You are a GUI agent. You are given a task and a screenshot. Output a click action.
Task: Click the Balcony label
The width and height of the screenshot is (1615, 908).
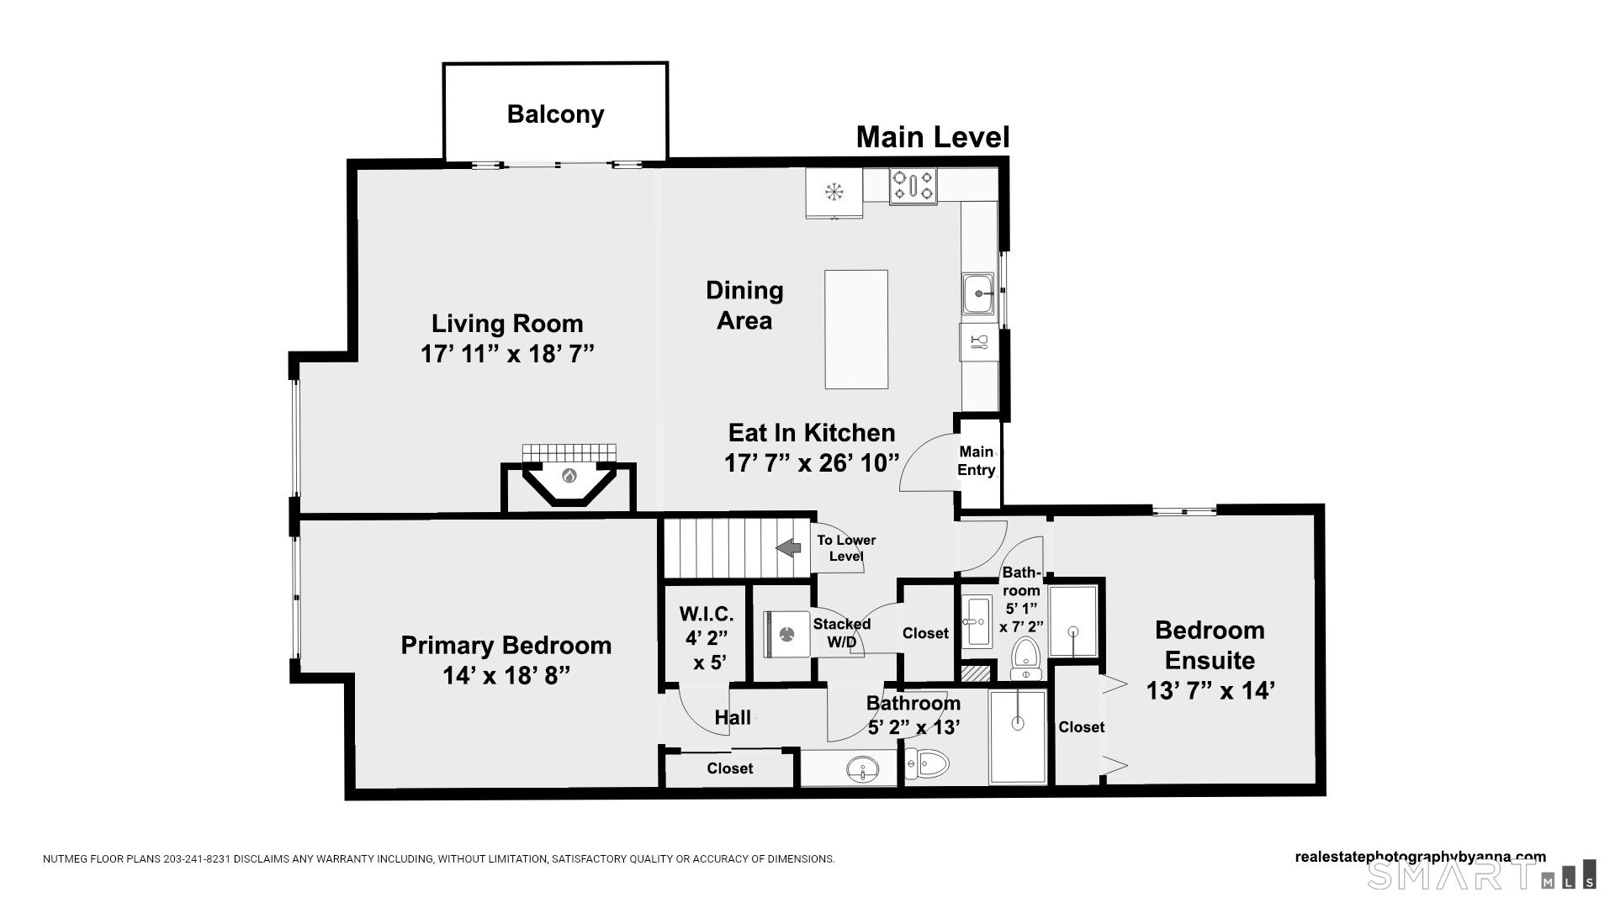pos(555,114)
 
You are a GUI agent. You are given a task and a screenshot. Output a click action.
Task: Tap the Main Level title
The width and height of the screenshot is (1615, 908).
pos(932,137)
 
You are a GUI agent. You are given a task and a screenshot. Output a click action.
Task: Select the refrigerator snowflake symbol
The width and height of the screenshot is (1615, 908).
pos(834,192)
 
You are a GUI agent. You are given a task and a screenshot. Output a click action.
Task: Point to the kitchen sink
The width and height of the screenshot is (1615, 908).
pos(978,293)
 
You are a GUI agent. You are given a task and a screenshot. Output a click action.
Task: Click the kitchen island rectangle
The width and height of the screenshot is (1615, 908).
pos(856,330)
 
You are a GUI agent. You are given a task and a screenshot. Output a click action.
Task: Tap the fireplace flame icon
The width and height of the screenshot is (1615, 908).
pos(569,477)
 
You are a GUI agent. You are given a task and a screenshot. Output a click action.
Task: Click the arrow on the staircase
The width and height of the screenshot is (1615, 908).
pos(788,548)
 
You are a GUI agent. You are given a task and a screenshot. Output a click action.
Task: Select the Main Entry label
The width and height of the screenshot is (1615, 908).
pos(977,461)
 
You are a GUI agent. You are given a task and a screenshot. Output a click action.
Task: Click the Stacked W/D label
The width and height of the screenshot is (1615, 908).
pos(842,633)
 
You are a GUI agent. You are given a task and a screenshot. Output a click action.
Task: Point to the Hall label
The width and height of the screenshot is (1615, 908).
pos(733,718)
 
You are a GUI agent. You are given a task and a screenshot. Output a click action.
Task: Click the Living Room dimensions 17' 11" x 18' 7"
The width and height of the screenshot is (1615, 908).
pos(507,354)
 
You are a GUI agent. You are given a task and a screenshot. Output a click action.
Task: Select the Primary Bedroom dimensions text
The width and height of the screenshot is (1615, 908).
pos(506,675)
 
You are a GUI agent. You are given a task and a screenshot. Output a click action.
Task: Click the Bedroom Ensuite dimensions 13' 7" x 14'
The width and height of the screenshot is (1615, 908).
pos(1210,690)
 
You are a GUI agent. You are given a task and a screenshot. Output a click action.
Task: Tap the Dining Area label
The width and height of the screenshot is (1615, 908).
pos(744,305)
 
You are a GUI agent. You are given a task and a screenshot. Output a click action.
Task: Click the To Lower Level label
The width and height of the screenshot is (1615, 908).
pos(846,548)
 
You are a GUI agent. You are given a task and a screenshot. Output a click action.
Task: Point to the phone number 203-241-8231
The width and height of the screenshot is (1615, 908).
pos(195,859)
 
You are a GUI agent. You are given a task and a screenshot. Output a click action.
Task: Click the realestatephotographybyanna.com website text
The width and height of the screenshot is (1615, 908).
pos(1421,858)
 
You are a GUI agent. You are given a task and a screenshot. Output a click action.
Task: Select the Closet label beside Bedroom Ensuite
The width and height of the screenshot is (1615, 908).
pos(1082,727)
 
